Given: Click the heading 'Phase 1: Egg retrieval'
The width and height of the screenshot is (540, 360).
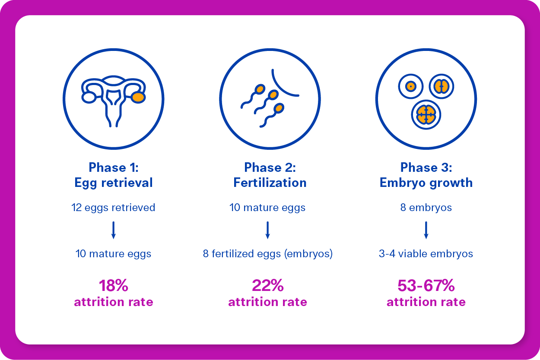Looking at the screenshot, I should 113,175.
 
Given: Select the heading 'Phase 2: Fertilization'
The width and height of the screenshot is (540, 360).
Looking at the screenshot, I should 270,175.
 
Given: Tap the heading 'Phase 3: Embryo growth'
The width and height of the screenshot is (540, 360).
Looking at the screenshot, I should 426,175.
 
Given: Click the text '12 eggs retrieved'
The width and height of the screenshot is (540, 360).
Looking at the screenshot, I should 113,208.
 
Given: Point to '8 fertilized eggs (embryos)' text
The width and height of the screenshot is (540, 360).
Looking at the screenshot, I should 268,254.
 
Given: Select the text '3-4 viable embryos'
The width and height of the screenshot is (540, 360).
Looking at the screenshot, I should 426,254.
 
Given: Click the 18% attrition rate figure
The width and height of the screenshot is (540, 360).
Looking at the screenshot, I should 113,286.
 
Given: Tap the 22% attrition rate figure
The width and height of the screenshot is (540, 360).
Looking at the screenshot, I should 268,286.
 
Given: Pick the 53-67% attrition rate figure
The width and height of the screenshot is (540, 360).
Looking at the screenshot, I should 426,286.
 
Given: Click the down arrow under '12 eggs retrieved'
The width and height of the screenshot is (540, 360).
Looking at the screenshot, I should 114,230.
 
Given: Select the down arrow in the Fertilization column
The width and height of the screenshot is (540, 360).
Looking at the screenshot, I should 268,230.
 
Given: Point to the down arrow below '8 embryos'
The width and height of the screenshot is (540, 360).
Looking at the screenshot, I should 426,230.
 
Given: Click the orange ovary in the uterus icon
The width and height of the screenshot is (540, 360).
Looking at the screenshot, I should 138,98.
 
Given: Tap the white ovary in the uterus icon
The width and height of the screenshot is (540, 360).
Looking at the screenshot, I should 89,98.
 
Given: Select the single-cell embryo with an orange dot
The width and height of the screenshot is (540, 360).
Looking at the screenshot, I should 411,86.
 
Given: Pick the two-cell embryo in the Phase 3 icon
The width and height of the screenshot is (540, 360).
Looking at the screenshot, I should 441,86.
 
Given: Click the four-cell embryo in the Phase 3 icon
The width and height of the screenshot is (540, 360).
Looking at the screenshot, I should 426,114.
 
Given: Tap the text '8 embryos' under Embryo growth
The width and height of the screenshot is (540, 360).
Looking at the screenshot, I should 426,208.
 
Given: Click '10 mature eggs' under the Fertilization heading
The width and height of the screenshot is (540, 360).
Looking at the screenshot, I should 268,208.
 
